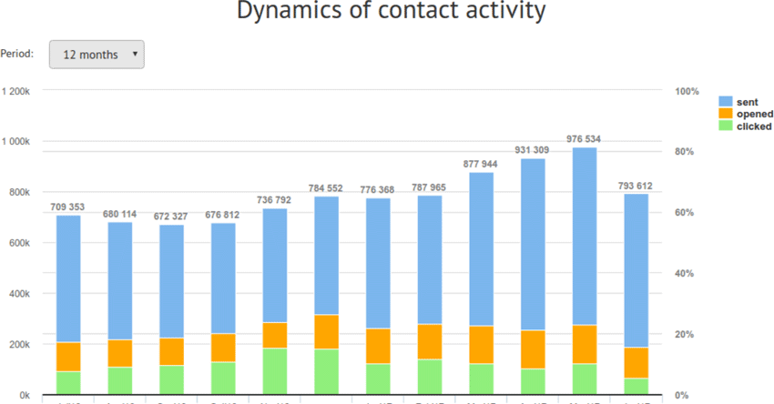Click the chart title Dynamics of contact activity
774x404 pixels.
pos(391,13)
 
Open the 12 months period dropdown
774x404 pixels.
pos(96,55)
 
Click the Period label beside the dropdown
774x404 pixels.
pos(17,55)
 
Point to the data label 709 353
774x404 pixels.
pos(68,207)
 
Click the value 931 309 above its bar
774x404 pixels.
pos(533,150)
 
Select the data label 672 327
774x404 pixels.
pos(171,217)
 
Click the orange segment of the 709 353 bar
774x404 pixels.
pos(68,357)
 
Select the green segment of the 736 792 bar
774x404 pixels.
pos(274,371)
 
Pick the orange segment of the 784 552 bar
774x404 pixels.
pos(326,332)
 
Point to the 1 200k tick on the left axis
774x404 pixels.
pos(16,92)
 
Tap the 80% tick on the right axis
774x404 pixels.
pos(686,152)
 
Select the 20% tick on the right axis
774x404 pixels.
pos(686,335)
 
